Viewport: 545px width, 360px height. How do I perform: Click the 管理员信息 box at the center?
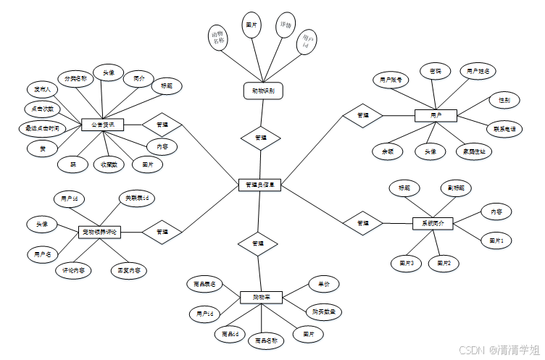(259, 185)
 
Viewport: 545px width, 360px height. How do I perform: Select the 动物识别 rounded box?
(262, 91)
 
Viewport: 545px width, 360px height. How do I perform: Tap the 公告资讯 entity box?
(102, 125)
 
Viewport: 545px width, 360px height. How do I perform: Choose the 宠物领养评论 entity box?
(99, 232)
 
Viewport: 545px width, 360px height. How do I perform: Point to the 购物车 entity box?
(260, 297)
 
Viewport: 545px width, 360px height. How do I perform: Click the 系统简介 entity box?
(433, 223)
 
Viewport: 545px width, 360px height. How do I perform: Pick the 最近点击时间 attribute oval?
(41, 128)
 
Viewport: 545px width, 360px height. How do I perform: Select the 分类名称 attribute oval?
(75, 78)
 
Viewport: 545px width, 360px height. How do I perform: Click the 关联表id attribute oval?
(136, 198)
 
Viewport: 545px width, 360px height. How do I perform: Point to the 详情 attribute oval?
(286, 27)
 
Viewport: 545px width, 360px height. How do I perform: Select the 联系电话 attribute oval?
(504, 128)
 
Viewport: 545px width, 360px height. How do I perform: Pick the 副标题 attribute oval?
(455, 188)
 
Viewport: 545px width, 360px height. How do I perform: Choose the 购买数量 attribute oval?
(323, 311)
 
